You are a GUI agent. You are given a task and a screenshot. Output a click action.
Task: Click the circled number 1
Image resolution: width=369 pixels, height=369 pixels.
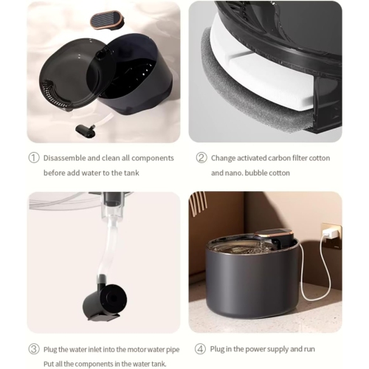(x=33, y=157)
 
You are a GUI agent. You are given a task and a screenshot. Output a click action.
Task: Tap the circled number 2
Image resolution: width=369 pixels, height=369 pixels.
(x=201, y=157)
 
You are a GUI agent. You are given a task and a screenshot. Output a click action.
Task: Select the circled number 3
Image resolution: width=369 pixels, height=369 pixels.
(x=33, y=348)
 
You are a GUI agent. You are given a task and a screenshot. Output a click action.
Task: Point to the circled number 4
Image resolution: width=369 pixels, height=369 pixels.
(x=201, y=348)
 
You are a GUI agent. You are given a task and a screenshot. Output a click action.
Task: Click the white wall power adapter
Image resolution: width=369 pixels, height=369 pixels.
(x=331, y=233)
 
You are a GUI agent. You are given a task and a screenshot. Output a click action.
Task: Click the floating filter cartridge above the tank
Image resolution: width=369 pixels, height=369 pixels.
(x=107, y=19)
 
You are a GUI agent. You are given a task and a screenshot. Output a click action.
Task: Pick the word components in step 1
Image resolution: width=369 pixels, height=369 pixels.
(x=152, y=157)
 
